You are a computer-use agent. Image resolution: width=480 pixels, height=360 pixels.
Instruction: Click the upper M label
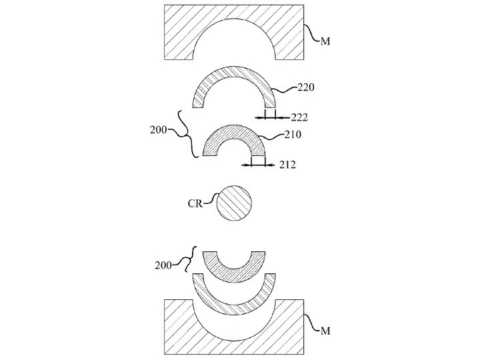coord(325,41)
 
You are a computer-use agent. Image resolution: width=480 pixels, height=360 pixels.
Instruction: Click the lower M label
coord(325,331)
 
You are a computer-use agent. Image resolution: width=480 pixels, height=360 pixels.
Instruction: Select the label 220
coord(306,87)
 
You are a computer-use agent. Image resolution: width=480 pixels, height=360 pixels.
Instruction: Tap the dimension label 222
coord(299,117)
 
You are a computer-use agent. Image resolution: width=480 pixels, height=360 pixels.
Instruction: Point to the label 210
coord(293,135)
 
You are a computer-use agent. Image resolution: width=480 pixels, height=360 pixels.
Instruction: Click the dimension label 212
coord(287,165)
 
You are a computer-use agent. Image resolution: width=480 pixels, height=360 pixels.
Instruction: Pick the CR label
coord(195,203)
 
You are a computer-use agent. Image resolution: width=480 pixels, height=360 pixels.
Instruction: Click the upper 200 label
coord(158,130)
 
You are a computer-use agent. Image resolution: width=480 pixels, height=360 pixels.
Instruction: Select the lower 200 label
coord(163,265)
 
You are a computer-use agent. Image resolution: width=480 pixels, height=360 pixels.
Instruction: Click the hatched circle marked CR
coord(234,203)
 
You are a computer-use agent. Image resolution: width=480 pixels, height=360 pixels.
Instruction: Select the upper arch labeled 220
coord(234,71)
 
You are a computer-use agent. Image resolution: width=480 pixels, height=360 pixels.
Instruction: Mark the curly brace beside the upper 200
coord(187,135)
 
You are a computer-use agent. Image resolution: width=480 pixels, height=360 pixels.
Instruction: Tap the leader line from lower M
coord(312,322)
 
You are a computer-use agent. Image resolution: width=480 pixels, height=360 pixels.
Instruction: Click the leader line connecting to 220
coord(285,90)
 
